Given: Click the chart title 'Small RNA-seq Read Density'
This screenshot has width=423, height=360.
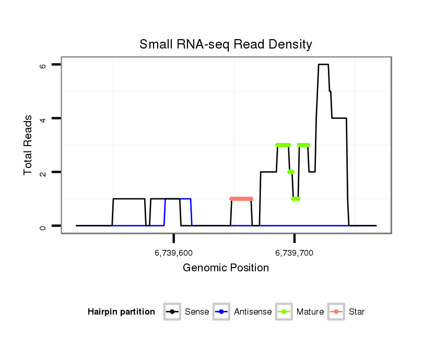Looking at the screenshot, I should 226,44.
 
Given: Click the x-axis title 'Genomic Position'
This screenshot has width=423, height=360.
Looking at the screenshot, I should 226,268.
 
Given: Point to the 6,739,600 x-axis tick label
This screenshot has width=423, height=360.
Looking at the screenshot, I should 173,253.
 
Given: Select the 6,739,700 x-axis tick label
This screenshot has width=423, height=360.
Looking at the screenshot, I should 294,253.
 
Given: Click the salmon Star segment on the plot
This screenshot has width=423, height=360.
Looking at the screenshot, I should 241,199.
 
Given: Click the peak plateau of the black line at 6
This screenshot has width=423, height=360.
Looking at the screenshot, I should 323,65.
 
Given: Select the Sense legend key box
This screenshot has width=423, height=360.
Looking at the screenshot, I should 172,312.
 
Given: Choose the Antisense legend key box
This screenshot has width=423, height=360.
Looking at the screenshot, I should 221,312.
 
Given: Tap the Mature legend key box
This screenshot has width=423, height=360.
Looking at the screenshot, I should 284,312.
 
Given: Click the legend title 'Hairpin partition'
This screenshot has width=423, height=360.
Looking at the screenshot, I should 121,312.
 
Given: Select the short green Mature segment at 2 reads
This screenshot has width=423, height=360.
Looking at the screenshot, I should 291,172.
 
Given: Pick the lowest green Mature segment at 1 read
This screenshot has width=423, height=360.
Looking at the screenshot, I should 296,199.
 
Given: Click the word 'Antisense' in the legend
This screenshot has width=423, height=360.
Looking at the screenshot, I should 253,312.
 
